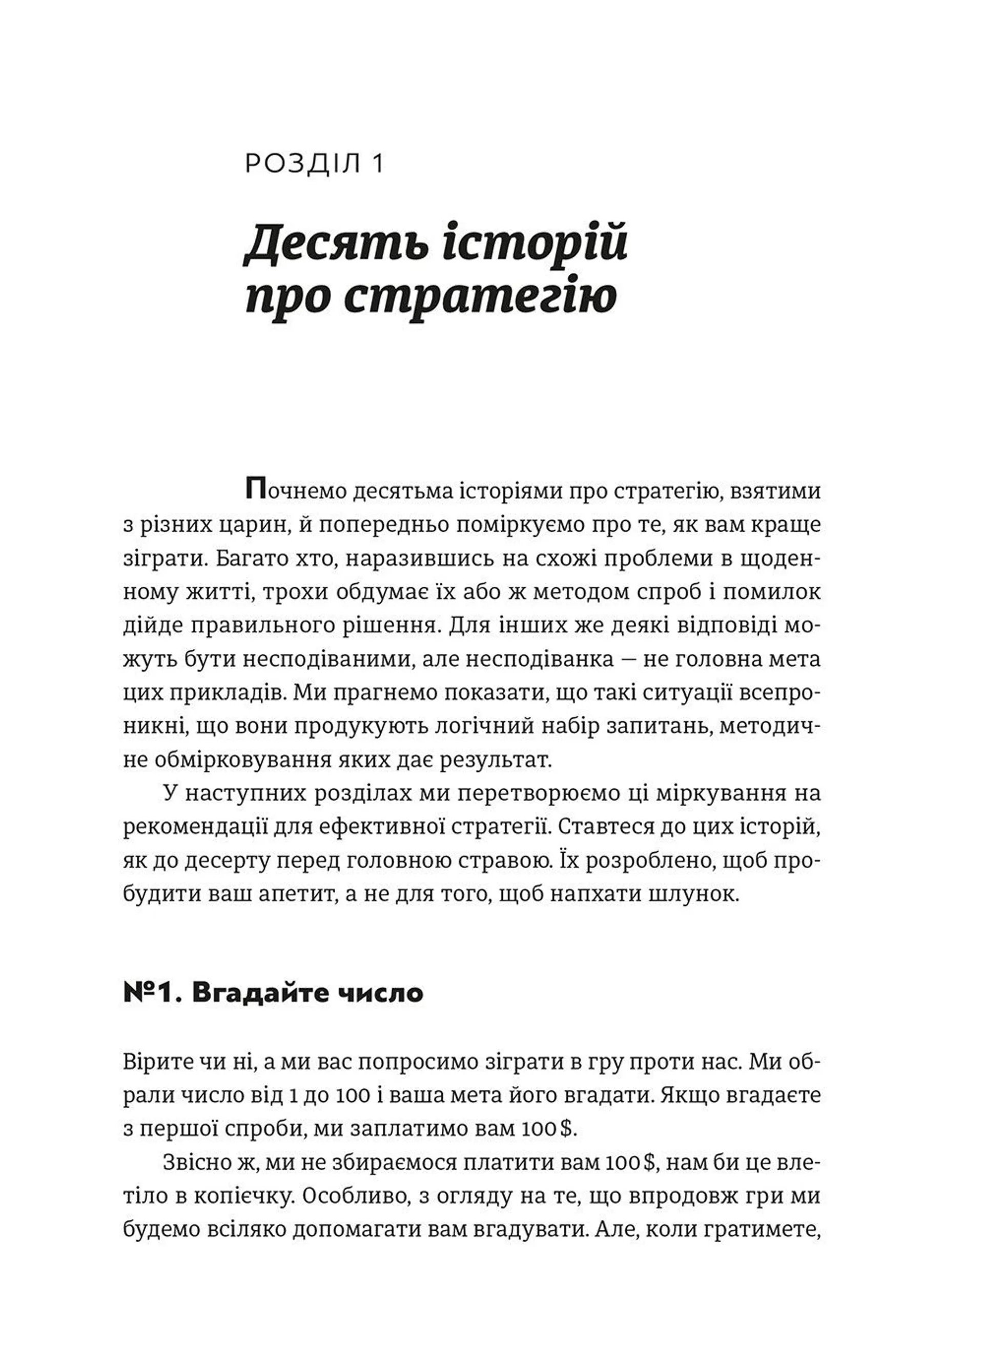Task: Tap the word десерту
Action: [x=225, y=861]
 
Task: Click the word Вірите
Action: [x=157, y=1063]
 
